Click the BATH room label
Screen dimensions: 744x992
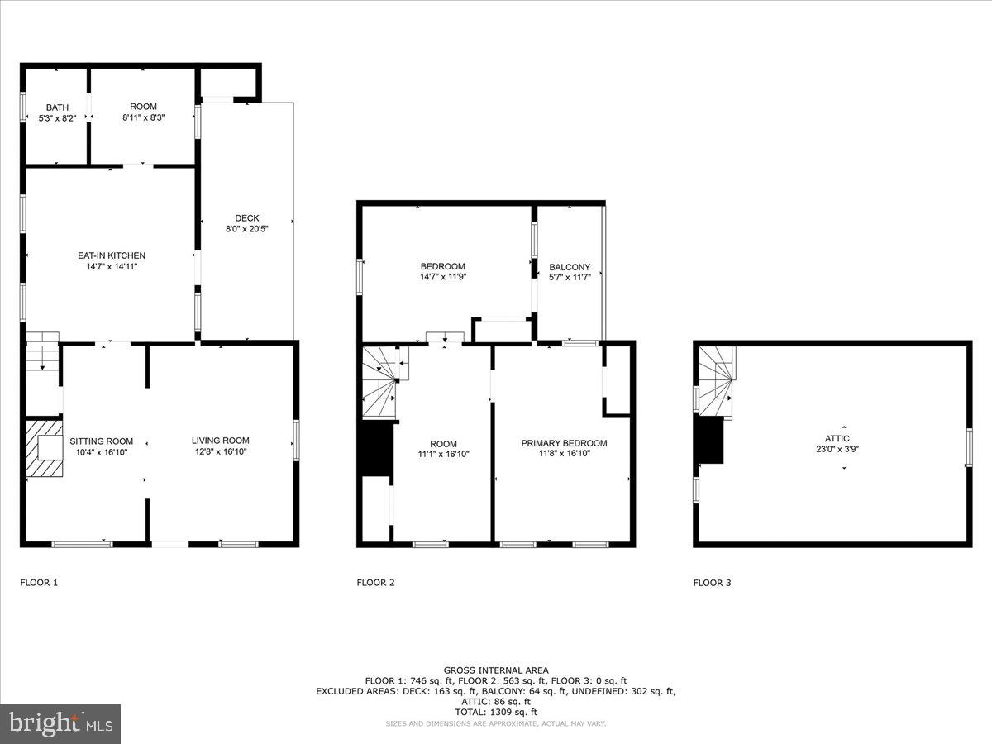pos(57,107)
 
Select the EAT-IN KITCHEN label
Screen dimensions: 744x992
pos(112,255)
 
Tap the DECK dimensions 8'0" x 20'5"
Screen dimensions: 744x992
pos(247,229)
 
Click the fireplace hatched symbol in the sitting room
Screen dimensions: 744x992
pos(43,449)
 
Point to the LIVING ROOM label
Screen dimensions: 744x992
pos(220,441)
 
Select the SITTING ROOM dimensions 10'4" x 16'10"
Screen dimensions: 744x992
pos(101,452)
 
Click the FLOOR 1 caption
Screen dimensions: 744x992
pos(39,583)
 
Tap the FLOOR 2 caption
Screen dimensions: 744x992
pos(375,583)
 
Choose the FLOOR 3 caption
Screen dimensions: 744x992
pos(712,583)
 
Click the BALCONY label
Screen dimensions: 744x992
pos(570,267)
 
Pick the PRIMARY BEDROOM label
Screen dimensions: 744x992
pos(564,443)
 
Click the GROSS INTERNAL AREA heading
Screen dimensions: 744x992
pos(496,670)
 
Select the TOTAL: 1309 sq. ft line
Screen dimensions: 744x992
pos(496,712)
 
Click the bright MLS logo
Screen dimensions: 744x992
pos(60,724)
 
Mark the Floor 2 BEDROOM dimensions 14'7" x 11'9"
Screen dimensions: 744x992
pos(442,278)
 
